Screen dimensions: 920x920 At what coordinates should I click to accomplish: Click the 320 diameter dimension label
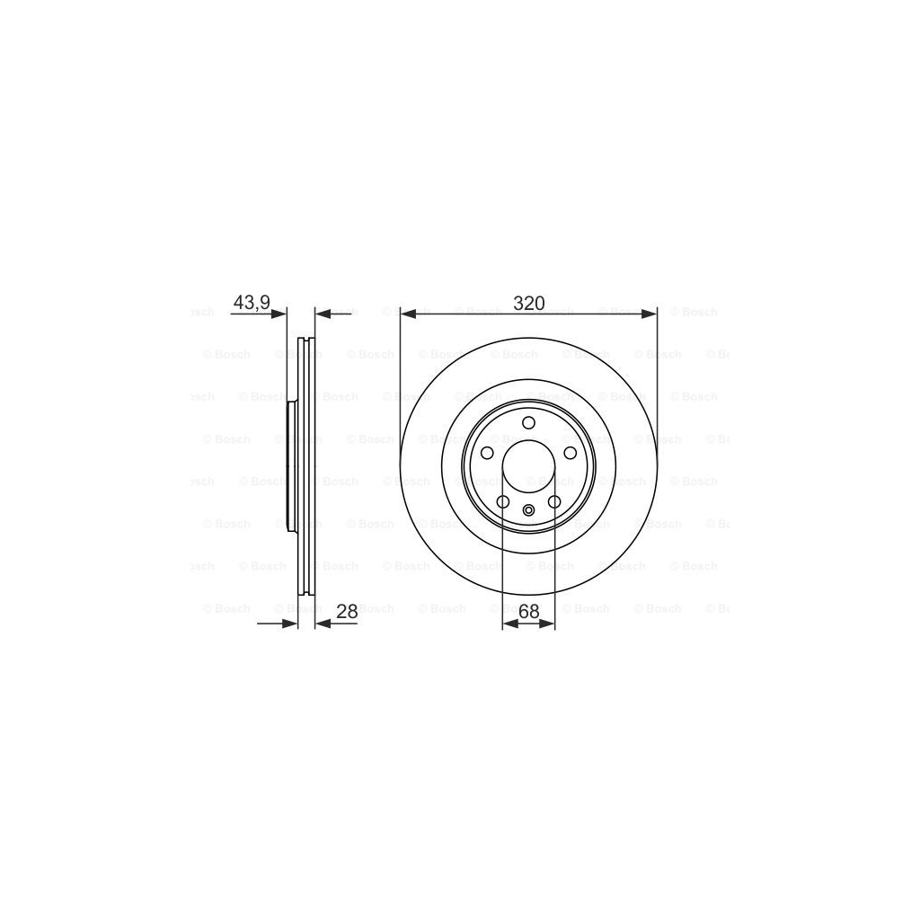point(529,304)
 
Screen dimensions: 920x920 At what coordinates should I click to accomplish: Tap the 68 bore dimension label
point(528,611)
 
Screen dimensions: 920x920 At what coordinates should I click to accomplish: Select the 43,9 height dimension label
point(252,304)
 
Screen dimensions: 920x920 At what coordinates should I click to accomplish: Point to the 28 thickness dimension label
point(347,611)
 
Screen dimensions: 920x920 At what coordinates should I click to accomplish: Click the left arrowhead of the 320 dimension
point(408,314)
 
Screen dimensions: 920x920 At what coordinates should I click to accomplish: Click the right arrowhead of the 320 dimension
point(650,314)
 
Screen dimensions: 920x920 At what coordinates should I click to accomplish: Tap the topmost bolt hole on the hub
point(528,423)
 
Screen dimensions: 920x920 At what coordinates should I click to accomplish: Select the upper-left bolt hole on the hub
point(487,454)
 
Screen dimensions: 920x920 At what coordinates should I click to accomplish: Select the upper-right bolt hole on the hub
point(570,454)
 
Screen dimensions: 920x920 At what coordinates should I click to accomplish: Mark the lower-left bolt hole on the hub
point(503,501)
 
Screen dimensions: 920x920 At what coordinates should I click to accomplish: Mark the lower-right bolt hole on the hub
point(554,501)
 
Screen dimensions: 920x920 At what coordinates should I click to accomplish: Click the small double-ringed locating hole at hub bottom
point(528,512)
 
